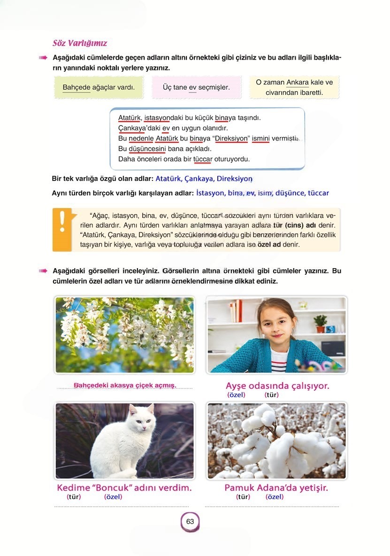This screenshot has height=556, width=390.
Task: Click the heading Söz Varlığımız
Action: coord(80,44)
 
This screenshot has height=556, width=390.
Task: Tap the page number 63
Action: coord(190,522)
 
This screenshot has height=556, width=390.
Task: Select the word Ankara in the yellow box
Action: coord(298,82)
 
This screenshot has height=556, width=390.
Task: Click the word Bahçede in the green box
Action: coord(76,87)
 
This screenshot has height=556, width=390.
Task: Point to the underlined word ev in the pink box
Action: coord(192,87)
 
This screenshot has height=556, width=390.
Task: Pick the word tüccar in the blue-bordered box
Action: coord(203,159)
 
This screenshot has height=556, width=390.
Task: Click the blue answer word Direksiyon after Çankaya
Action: coord(235,179)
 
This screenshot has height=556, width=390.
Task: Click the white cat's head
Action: coord(141,418)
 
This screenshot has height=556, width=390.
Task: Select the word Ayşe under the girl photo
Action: coord(236,386)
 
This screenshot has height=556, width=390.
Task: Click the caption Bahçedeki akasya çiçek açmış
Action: coord(125,386)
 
